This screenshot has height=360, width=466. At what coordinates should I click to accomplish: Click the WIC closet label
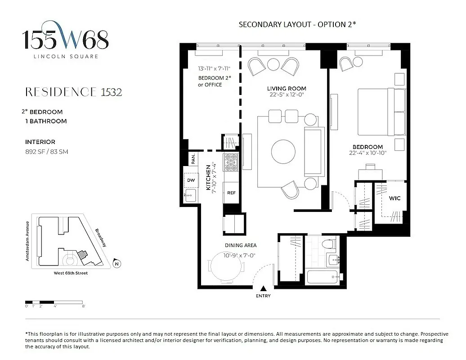[x=395, y=198]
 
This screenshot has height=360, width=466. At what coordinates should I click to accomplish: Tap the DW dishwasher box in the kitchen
[x=191, y=180]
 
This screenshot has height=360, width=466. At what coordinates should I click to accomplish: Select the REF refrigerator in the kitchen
[x=231, y=193]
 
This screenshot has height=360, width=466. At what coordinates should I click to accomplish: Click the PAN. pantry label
[x=193, y=159]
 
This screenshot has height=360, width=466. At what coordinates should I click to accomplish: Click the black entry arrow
[x=264, y=288]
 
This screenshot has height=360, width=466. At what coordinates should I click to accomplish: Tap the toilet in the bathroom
[x=330, y=245]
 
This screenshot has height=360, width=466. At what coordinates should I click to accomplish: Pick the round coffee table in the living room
[x=284, y=151]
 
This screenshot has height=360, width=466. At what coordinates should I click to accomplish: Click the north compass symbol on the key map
[x=116, y=264]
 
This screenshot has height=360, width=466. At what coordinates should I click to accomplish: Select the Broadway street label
[x=101, y=237]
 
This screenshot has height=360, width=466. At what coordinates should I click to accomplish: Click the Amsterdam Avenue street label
[x=28, y=241]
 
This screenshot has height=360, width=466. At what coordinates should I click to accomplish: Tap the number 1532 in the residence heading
[x=111, y=92]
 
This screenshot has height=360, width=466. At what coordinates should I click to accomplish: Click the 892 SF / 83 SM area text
[x=47, y=152]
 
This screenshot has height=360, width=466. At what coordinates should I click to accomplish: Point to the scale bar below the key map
[x=54, y=301]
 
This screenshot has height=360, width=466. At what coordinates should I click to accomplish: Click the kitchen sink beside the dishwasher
[x=191, y=195]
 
